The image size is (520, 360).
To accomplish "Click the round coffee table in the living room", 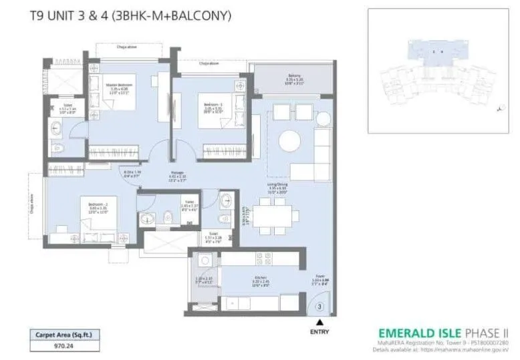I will pos(289,141).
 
